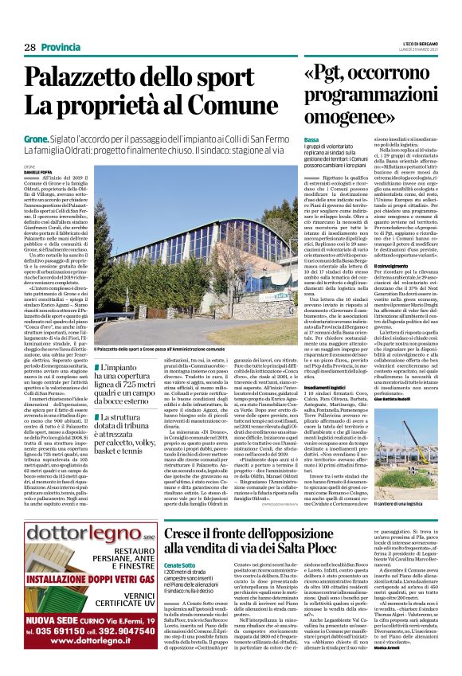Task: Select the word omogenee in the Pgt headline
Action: coord(349,118)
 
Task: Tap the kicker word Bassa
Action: coord(311,140)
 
